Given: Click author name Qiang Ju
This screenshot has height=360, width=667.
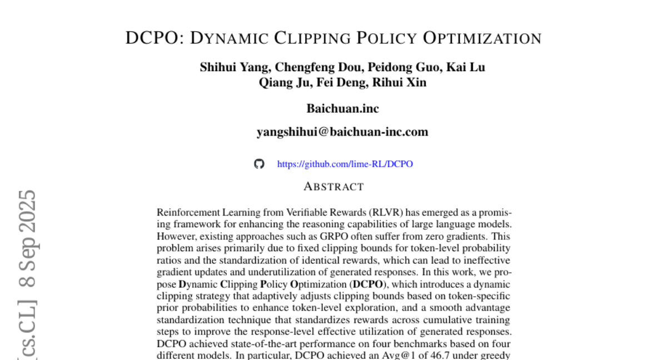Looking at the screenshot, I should pos(278,83).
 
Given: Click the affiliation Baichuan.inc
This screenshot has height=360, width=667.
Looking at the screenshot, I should pos(342,108).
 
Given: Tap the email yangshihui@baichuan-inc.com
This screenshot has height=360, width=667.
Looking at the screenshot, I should pos(342,132).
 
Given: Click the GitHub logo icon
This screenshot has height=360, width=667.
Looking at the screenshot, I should pos(259,164).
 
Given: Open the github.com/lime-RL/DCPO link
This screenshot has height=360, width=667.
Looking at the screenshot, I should pos(345,164).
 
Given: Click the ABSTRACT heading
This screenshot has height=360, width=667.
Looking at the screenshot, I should pos(333,187).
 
